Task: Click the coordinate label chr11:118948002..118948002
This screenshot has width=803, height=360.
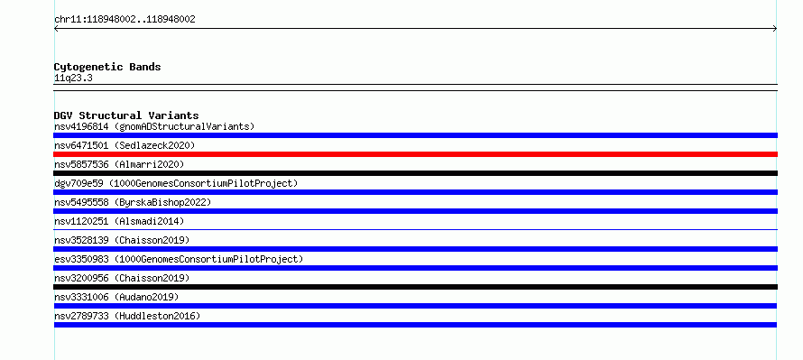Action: [125, 20]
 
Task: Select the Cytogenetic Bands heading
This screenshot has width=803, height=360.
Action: [107, 67]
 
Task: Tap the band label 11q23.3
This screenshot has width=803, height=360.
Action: [73, 78]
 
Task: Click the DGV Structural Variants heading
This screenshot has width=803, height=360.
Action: [126, 115]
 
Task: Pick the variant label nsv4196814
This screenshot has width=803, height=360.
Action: [81, 126]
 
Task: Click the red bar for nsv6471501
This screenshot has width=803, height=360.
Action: [415, 154]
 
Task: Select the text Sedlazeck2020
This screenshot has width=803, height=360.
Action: [154, 145]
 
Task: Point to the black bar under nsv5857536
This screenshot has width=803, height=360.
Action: [415, 173]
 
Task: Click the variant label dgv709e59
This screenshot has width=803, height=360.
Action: [78, 183]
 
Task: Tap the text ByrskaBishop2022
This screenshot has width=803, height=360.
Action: [162, 202]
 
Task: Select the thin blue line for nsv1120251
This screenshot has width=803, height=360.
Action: [415, 229]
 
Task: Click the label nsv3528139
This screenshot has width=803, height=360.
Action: [81, 240]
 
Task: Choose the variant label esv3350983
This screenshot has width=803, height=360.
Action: [81, 259]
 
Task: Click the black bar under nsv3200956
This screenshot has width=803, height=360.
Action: [415, 287]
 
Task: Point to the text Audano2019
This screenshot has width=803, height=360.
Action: [146, 297]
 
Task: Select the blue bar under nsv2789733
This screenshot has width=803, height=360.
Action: [415, 325]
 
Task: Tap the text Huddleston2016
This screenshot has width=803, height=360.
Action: [157, 316]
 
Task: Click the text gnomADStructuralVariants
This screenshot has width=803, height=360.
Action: [184, 126]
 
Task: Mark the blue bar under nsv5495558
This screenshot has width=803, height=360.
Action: [415, 211]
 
